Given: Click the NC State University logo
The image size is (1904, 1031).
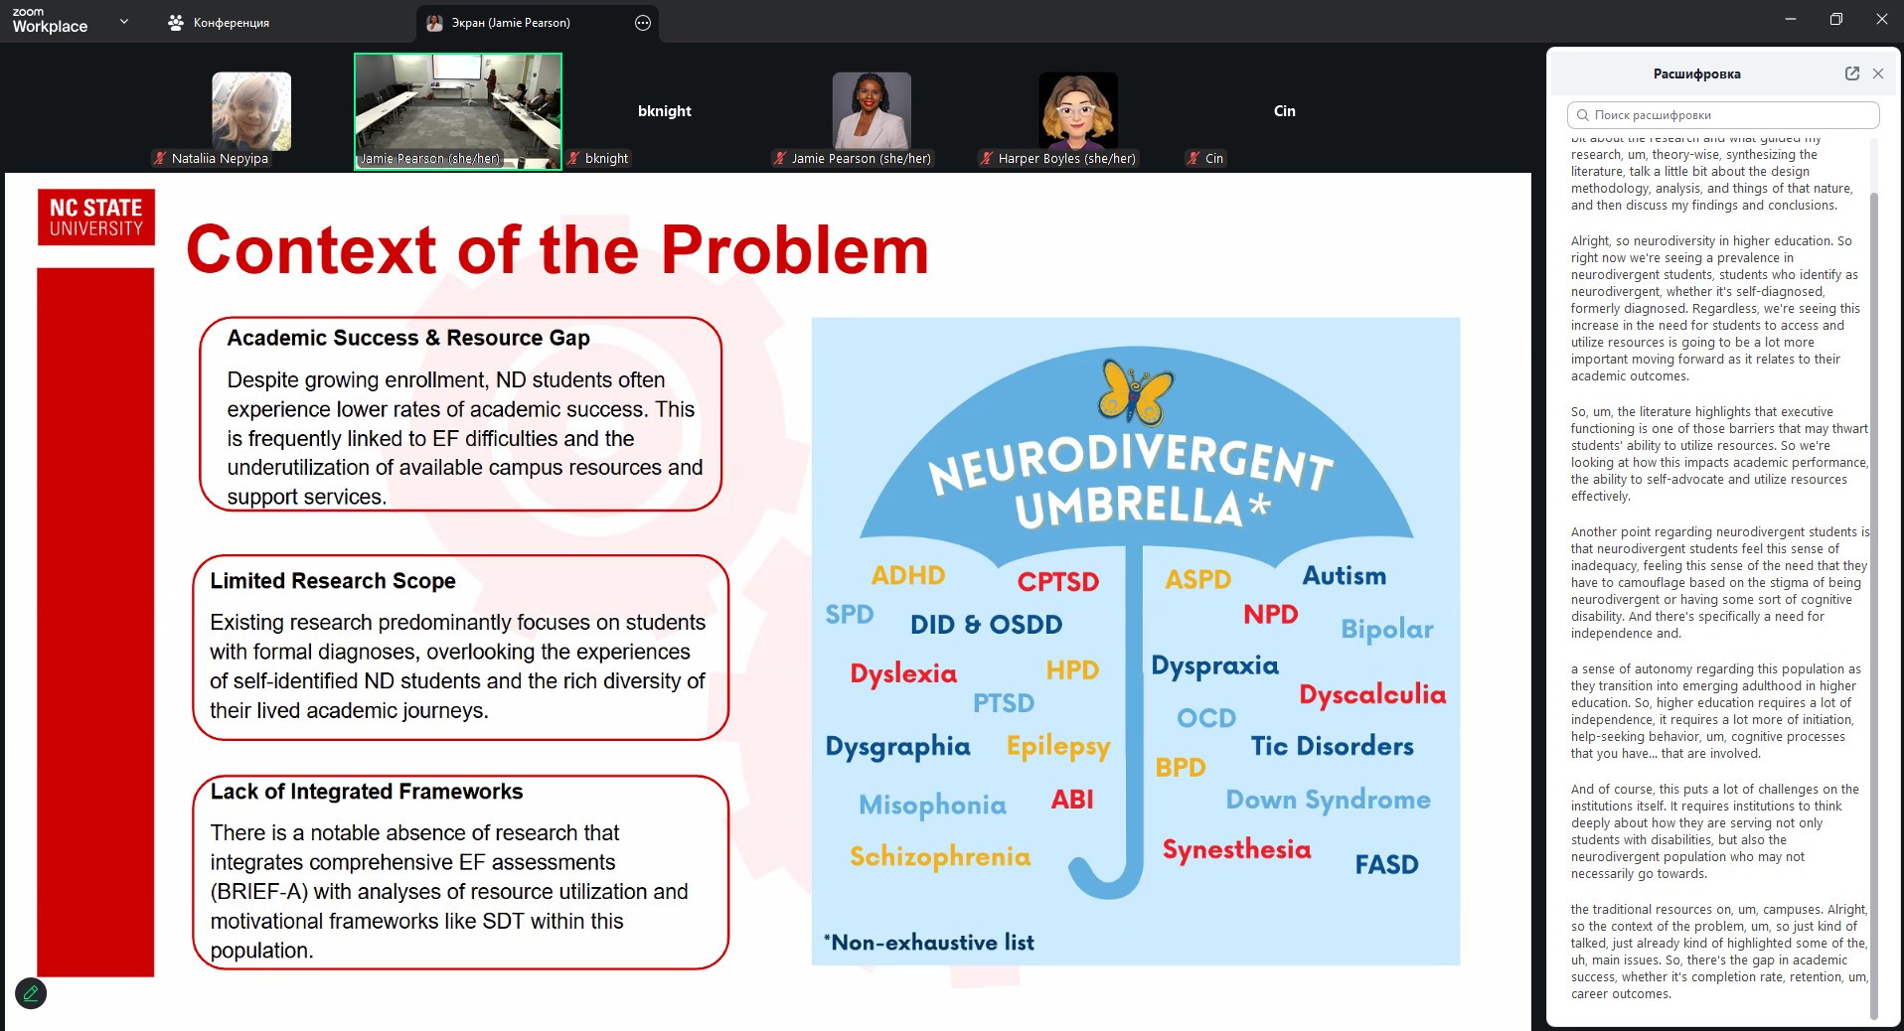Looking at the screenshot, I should [96, 217].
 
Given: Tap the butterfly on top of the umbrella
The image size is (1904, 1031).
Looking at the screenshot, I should [1135, 391].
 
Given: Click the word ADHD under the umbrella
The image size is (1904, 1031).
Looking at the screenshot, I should [907, 576].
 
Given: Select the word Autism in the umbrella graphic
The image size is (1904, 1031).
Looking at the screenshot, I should [1344, 576].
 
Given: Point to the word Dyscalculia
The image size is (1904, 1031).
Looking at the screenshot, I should [1371, 694].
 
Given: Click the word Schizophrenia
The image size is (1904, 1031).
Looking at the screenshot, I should [939, 857].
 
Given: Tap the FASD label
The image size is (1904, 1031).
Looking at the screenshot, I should [1386, 865].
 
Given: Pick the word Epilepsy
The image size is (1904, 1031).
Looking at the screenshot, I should [1057, 747].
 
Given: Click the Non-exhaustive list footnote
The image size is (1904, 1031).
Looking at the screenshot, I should [928, 943].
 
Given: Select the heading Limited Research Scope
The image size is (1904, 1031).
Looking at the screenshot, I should [333, 581].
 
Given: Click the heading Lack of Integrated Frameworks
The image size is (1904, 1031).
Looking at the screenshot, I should [367, 792].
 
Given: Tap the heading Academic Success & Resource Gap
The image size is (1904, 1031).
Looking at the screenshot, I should [408, 338].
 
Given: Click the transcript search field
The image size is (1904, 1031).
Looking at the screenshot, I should [1723, 115].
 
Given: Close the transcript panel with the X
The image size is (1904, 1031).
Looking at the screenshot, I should [1877, 74].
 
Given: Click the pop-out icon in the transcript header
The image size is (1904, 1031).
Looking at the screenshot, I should [1851, 74].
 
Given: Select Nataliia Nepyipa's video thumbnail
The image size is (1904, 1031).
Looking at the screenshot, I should [251, 111].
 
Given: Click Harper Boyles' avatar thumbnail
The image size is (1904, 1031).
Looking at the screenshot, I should [1077, 111].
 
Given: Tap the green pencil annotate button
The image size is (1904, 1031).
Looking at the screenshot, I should [31, 993].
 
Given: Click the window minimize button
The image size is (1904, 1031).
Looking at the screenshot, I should [1790, 20].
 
